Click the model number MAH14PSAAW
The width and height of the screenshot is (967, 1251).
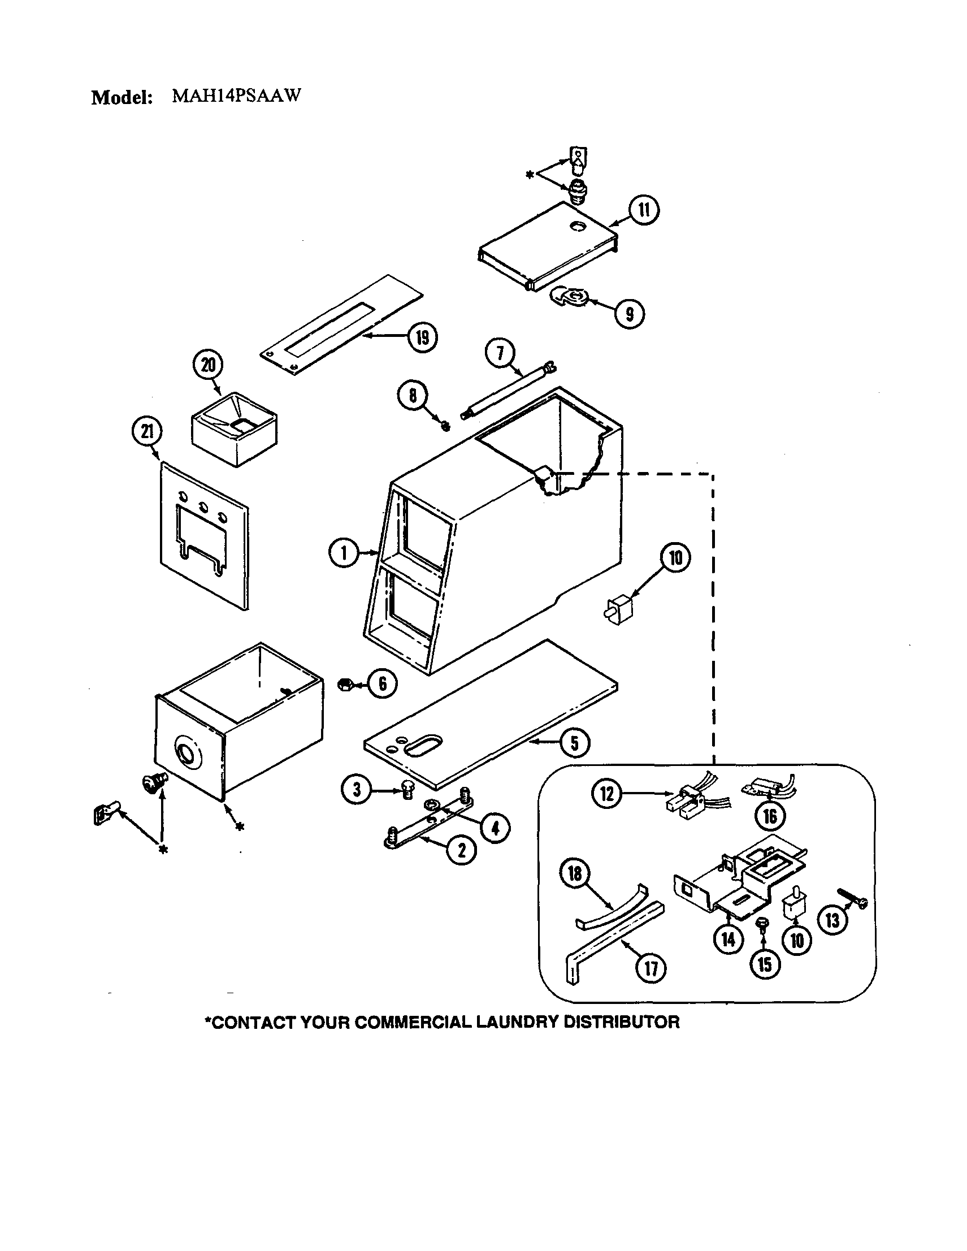[x=236, y=96]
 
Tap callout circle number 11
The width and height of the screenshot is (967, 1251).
[x=644, y=210]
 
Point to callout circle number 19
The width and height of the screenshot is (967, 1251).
[x=422, y=337]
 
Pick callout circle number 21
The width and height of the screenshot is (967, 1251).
[x=147, y=432]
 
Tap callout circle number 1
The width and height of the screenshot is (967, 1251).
[x=344, y=553]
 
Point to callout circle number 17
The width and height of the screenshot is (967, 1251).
[x=651, y=968]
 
